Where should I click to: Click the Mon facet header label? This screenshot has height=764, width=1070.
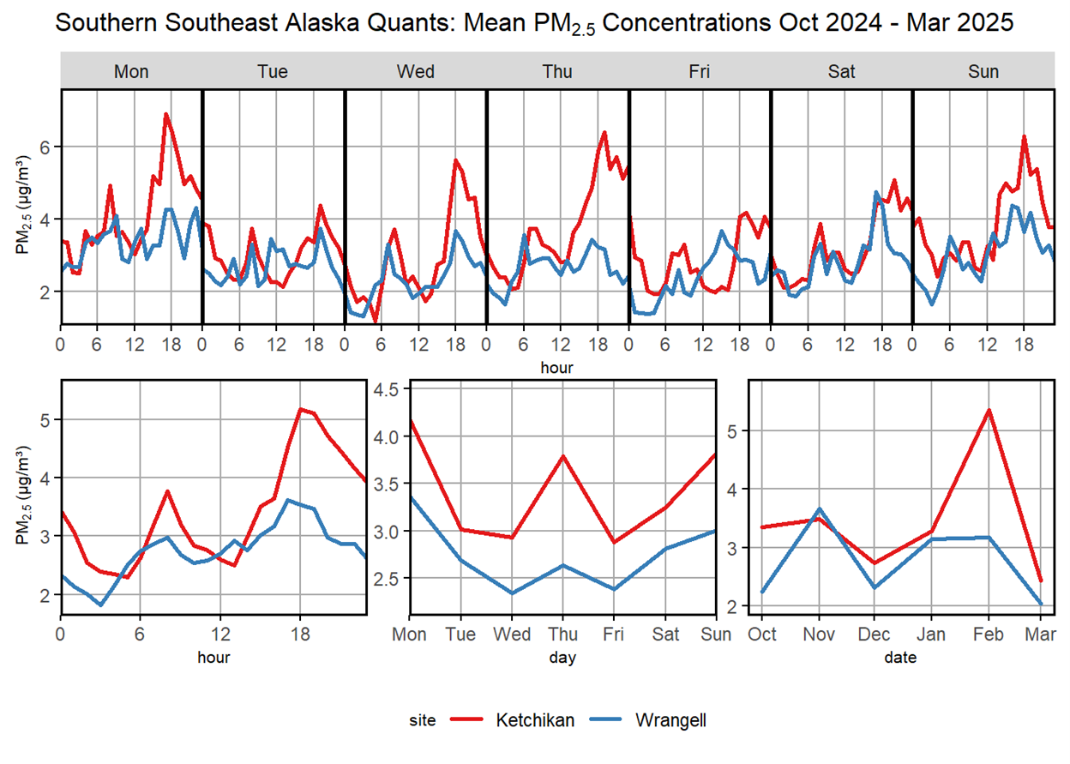(131, 72)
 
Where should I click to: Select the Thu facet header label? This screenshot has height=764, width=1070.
(557, 72)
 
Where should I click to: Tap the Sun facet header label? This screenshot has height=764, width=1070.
(983, 72)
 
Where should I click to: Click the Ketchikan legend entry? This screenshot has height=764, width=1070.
(535, 720)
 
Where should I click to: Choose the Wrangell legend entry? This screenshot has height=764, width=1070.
(671, 720)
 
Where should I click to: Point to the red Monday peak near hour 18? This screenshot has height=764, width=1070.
(166, 114)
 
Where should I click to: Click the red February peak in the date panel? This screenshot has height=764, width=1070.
(989, 410)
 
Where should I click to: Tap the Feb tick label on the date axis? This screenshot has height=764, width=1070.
(989, 635)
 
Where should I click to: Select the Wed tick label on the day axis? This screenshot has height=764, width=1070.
(512, 635)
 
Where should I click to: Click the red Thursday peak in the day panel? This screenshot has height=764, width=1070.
(563, 455)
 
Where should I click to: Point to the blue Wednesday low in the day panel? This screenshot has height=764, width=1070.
(512, 593)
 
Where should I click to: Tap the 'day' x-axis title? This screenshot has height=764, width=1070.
(562, 658)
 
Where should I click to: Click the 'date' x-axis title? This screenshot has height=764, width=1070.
(900, 658)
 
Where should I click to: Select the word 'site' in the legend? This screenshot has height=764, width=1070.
(422, 721)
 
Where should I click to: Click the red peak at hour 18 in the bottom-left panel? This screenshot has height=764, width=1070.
(300, 409)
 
